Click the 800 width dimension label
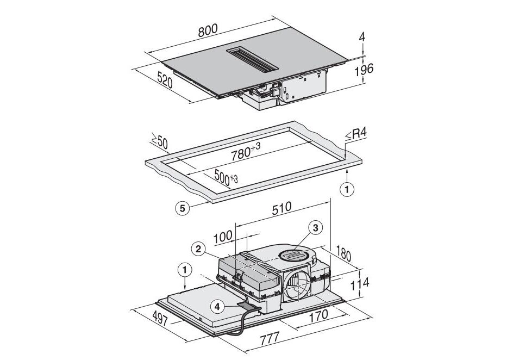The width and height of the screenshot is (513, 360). pyautogui.click(x=208, y=30)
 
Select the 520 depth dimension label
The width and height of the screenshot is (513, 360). pyautogui.click(x=165, y=80)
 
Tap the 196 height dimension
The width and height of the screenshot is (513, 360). pyautogui.click(x=364, y=70)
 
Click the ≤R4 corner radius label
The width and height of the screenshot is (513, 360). pyautogui.click(x=356, y=134)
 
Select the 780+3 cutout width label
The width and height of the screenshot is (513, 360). pyautogui.click(x=246, y=152)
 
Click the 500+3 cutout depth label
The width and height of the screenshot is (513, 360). pyautogui.click(x=226, y=177)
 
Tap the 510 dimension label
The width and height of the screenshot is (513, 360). pyautogui.click(x=281, y=208)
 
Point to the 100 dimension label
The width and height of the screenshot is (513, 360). pyautogui.click(x=223, y=237)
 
